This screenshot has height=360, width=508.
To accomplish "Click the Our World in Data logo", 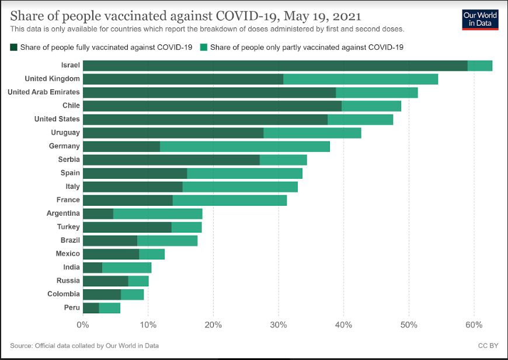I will [x=480, y=19].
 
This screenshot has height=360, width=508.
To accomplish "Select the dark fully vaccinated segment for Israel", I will [x=274, y=65].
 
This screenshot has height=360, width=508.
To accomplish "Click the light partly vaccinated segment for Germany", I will [x=245, y=146].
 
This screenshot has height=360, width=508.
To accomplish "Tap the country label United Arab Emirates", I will [x=44, y=92].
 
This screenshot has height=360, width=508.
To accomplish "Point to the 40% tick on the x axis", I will [x=344, y=324].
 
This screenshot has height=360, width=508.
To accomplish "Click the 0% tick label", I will [x=83, y=324].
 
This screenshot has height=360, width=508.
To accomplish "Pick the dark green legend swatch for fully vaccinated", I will [x=14, y=47].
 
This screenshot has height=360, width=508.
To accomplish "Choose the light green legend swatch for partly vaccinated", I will [x=204, y=47].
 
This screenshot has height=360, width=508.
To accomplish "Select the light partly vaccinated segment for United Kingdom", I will [x=360, y=79].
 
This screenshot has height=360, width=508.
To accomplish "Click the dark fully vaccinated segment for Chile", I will [x=212, y=106].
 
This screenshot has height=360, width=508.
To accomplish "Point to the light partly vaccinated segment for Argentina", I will [x=158, y=213].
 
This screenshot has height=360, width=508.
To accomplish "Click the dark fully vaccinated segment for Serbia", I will [x=171, y=160].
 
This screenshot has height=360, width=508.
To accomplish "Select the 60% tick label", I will [x=474, y=324].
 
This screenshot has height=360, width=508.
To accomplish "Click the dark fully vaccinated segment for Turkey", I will [x=127, y=227].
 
